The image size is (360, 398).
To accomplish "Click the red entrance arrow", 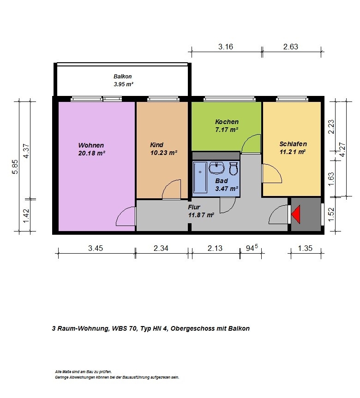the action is [296, 214].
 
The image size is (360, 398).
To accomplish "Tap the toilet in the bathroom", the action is [234, 169].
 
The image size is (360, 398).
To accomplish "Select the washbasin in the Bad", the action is [216, 168].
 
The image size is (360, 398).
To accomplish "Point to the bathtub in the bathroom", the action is [200, 178].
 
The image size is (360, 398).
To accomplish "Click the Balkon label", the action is [123, 77].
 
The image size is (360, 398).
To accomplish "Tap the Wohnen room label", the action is [91, 145].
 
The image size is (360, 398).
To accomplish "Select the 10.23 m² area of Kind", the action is [164, 153].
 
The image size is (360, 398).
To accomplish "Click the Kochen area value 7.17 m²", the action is [227, 130].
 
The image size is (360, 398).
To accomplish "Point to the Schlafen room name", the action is [293, 144].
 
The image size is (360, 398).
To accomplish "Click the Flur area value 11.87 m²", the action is [201, 215].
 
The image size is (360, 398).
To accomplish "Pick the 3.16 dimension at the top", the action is [226, 47].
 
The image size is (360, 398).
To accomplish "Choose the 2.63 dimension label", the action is [291, 47].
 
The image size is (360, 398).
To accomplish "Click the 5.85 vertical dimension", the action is [15, 166].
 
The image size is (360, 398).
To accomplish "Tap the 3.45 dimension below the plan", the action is [96, 248].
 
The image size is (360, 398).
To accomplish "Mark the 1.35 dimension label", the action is [305, 248].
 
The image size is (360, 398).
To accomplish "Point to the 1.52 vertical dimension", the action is [331, 215].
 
